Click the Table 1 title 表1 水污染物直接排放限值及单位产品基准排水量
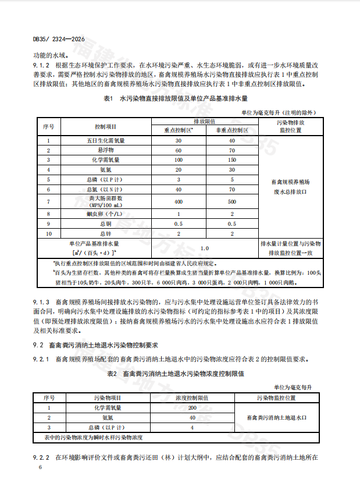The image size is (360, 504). coord(176,99)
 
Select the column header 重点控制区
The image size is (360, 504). coord(178,130)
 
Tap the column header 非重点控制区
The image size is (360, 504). coord(231,130)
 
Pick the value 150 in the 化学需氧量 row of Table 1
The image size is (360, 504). coord(231,159)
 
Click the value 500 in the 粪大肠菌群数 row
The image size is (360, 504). coord(231,201)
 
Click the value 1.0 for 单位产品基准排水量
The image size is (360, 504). coord(205,248)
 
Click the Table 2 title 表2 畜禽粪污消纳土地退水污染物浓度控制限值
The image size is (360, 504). coord(175,373)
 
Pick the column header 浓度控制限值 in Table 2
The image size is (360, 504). coord(191,398)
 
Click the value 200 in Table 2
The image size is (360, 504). coord(191,408)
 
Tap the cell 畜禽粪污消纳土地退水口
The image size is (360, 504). coord(276,418)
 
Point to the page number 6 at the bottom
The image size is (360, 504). coord(40,467)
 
